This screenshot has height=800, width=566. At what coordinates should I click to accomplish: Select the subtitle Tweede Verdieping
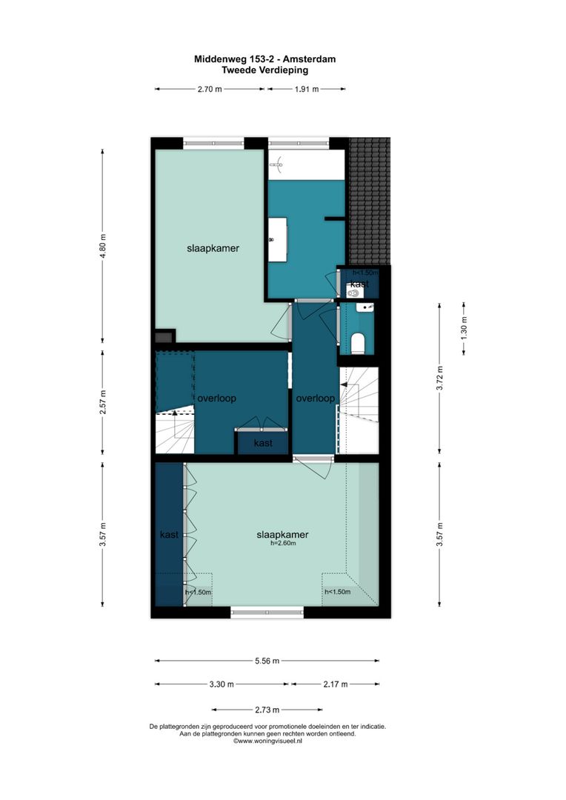pyautogui.click(x=265, y=70)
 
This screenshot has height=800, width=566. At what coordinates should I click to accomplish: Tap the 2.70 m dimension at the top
pyautogui.click(x=209, y=89)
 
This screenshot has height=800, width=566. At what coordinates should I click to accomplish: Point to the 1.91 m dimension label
pyautogui.click(x=305, y=89)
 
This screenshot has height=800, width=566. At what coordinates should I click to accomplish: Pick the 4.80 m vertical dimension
pyautogui.click(x=103, y=245)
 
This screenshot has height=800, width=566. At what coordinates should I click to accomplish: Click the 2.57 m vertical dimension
pyautogui.click(x=103, y=403)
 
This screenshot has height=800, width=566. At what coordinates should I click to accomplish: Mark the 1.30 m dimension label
pyautogui.click(x=464, y=328)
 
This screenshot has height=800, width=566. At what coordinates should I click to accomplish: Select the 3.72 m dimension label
pyautogui.click(x=439, y=378)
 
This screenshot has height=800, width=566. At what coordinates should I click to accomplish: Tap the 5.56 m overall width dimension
pyautogui.click(x=266, y=661)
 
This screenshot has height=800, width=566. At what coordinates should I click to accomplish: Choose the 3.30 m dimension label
pyautogui.click(x=222, y=684)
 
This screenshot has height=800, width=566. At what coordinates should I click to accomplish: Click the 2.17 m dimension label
pyautogui.click(x=335, y=684)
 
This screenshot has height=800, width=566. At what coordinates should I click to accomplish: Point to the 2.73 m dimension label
pyautogui.click(x=256, y=709)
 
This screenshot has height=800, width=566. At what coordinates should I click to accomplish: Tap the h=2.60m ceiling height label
pyautogui.click(x=282, y=543)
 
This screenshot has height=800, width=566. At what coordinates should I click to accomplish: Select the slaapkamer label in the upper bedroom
pyautogui.click(x=213, y=249)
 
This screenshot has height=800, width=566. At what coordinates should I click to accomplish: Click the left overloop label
pyautogui.click(x=216, y=399)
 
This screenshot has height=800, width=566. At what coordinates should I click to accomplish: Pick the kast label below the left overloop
pyautogui.click(x=262, y=444)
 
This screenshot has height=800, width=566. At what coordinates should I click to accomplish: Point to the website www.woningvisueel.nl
pyautogui.click(x=268, y=741)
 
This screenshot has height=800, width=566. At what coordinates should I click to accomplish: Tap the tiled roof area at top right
pyautogui.click(x=370, y=200)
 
